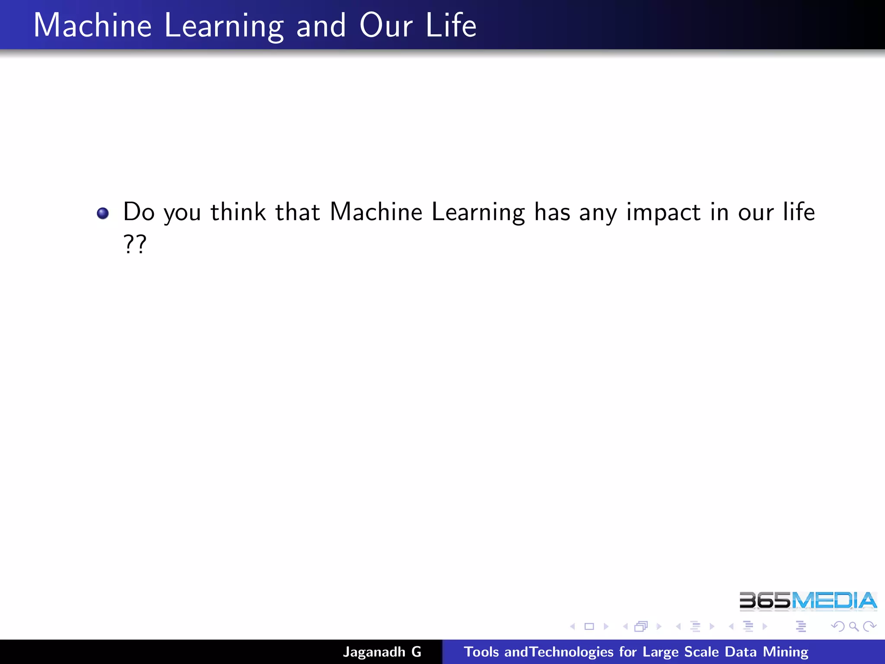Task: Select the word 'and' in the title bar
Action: coord(321,26)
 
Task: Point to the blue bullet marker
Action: coord(103,213)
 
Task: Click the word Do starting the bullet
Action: coord(139,212)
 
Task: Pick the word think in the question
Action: coord(238,212)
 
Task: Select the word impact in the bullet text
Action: coord(663,213)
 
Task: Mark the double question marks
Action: coord(135,244)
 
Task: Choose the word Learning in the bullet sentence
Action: coord(478,213)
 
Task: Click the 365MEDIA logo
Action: coord(808,601)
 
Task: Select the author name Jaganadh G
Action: coord(382,652)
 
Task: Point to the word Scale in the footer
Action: coord(701,652)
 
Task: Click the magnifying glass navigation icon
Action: coord(853,626)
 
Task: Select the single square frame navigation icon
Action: coord(589,626)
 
